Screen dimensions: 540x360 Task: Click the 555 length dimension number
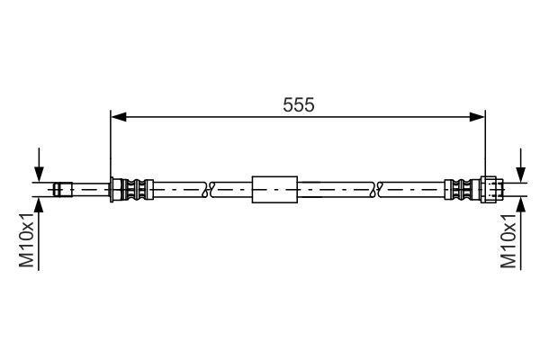click(299, 104)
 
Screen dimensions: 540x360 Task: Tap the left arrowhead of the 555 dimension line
click(119, 117)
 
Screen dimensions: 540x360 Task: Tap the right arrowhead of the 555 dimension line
click(477, 117)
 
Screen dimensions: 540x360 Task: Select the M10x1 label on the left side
click(26, 240)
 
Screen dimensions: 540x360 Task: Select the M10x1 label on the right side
click(508, 241)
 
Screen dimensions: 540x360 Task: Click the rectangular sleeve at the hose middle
click(274, 189)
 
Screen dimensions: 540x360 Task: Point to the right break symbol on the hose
click(378, 189)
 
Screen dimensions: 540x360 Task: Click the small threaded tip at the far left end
click(63, 189)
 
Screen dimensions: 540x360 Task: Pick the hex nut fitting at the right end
click(491, 189)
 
